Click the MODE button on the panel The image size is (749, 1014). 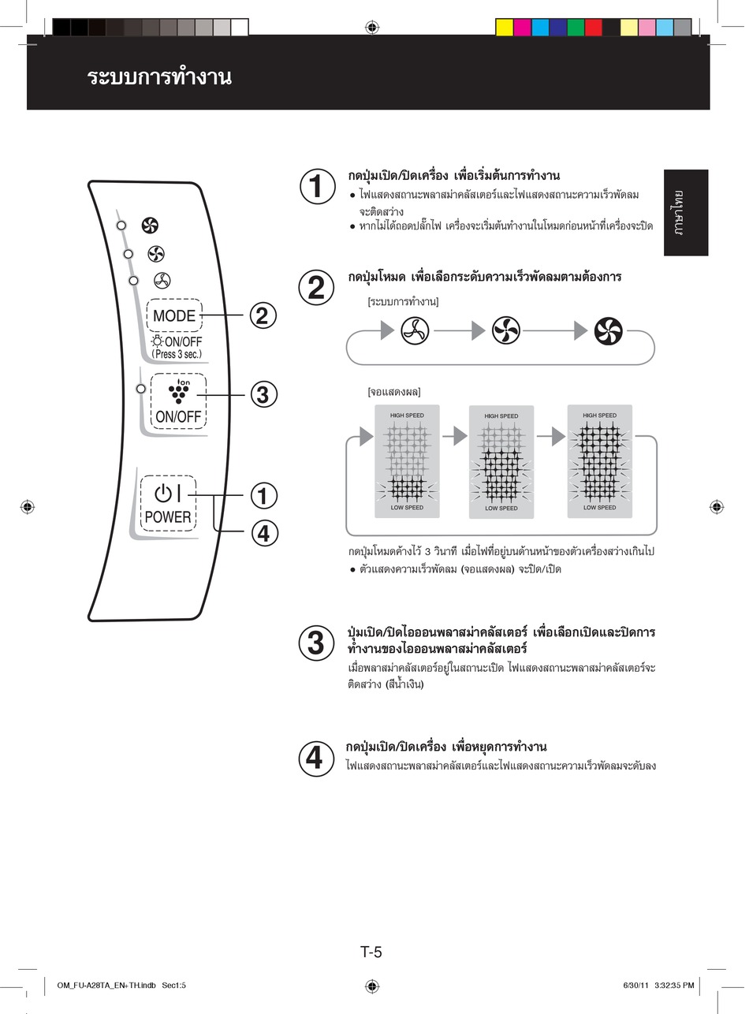(x=174, y=315)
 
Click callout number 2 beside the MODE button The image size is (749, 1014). (x=263, y=315)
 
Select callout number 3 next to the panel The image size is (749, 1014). (x=263, y=393)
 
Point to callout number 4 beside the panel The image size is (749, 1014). (x=263, y=533)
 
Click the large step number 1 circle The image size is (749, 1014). (x=315, y=187)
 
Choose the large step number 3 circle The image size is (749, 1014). (x=315, y=643)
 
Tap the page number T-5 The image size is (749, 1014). (x=371, y=952)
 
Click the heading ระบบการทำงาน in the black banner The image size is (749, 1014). (x=159, y=77)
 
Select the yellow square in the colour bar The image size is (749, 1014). (x=505, y=28)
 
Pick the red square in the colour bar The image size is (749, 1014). (x=593, y=28)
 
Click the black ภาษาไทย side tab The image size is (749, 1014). (x=685, y=212)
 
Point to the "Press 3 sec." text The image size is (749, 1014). (x=177, y=354)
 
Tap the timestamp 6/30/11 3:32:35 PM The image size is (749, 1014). (x=658, y=986)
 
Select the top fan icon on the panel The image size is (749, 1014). (x=150, y=226)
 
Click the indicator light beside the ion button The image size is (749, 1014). (x=140, y=388)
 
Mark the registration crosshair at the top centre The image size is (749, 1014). (x=372, y=28)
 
